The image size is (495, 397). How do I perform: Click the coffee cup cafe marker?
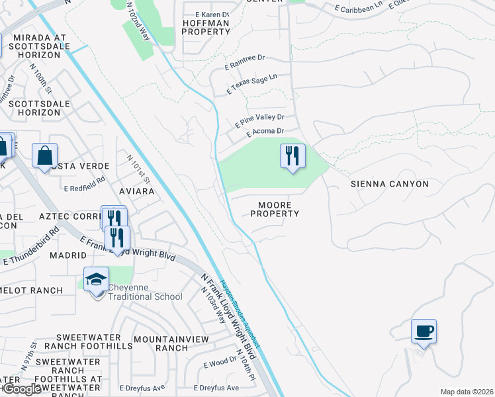pyautogui.click(x=424, y=331)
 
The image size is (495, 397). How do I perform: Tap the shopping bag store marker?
pyautogui.click(x=44, y=156)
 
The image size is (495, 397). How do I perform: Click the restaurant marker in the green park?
pyautogui.click(x=292, y=157)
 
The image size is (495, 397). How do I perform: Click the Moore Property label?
pyautogui.click(x=275, y=209)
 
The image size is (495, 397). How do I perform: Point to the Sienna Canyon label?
pyautogui.click(x=389, y=184)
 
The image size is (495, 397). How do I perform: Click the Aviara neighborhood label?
pyautogui.click(x=136, y=191)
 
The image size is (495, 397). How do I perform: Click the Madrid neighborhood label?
pyautogui.click(x=68, y=255)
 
